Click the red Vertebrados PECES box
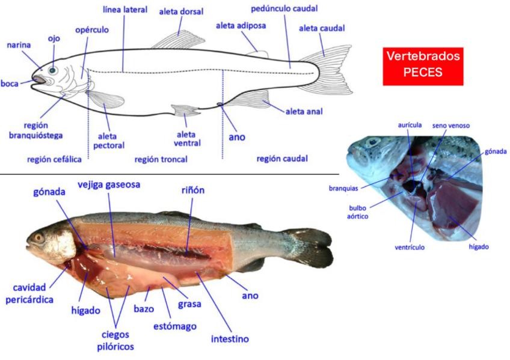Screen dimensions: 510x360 423,65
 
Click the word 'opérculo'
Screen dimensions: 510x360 93,29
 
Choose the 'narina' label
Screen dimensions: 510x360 19,45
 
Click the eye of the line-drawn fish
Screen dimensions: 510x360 52,70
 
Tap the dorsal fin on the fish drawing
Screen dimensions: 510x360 174,40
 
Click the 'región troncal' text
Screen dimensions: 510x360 161,159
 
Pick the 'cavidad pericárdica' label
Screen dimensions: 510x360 34,293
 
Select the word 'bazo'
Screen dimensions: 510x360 144,309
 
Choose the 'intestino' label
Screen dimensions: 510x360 230,339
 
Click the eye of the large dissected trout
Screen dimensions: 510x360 39,237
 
